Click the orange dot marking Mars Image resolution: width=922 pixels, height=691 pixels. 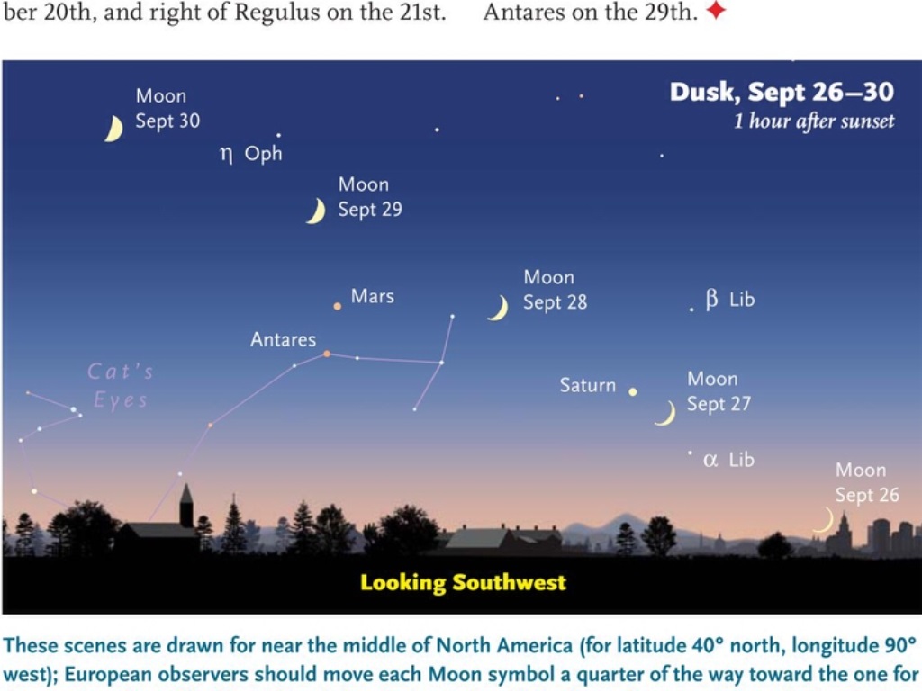pos(337,306)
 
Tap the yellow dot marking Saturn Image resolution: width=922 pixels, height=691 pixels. pos(633,392)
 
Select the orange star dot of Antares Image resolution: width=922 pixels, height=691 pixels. pos(327,354)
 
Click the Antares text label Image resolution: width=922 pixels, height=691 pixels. pos(283,339)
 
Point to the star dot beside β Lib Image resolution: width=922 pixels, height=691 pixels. pos(691,310)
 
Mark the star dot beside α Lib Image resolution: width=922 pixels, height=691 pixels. pos(690,453)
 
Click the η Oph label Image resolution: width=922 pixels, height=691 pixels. pos(251,154)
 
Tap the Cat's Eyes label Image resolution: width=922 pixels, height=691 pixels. pos(121,385)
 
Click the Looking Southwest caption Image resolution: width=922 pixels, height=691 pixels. pos(464,582)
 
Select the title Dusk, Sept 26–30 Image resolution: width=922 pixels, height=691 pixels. pos(782,93)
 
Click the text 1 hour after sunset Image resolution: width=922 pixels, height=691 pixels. pos(814,121)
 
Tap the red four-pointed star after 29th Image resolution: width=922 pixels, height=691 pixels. pos(716,10)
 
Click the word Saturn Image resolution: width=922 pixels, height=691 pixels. pos(587,385)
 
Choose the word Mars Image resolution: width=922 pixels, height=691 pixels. pos(372,296)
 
